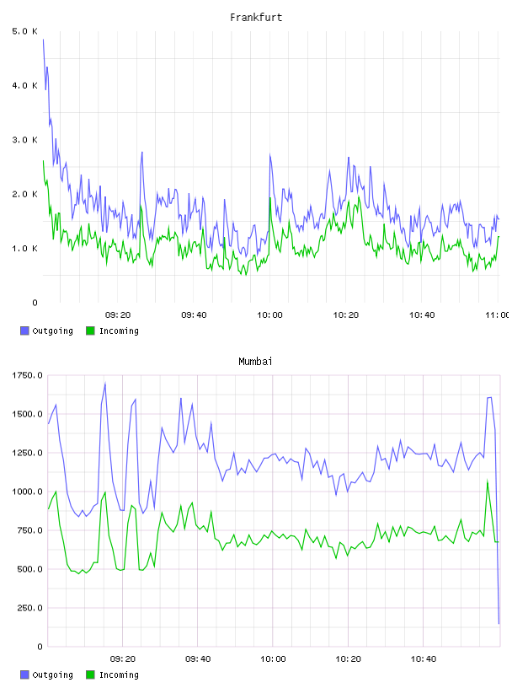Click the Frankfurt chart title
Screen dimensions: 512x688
click(256, 18)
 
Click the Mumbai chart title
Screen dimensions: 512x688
click(255, 362)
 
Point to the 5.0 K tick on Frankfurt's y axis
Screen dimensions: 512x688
click(24, 31)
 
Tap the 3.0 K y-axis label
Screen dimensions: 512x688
click(24, 139)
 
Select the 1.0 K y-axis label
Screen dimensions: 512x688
click(24, 249)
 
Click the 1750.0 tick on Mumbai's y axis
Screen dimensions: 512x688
click(27, 375)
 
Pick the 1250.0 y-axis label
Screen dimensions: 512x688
click(27, 453)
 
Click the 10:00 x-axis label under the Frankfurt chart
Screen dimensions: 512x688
click(269, 314)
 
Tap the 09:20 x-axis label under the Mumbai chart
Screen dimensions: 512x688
click(123, 658)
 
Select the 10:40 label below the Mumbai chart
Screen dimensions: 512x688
click(424, 658)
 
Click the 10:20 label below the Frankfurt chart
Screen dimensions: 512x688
click(346, 314)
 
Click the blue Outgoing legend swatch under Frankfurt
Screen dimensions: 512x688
click(24, 331)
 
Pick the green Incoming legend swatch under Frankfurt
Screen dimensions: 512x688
click(90, 331)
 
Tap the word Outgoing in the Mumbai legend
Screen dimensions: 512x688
click(52, 675)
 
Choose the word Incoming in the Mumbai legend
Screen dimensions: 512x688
click(119, 675)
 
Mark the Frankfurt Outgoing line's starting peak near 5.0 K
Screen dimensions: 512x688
click(44, 40)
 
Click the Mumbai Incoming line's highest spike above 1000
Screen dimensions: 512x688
click(488, 481)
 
